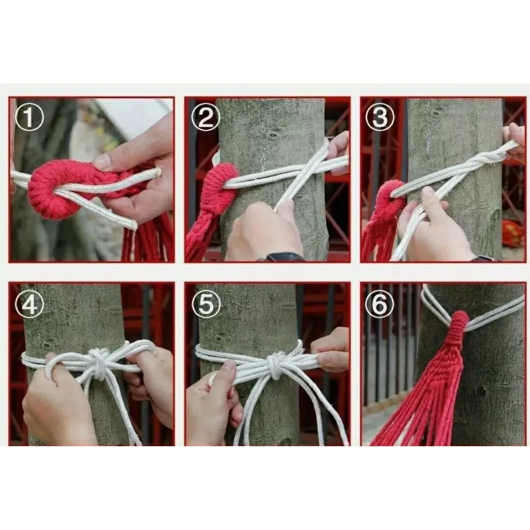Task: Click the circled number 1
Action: [x=29, y=117]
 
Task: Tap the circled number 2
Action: [x=206, y=117]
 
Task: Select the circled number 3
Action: [x=380, y=117]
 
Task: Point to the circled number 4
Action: [x=29, y=304]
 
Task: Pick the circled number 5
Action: [x=206, y=304]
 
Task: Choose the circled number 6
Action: [x=380, y=304]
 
